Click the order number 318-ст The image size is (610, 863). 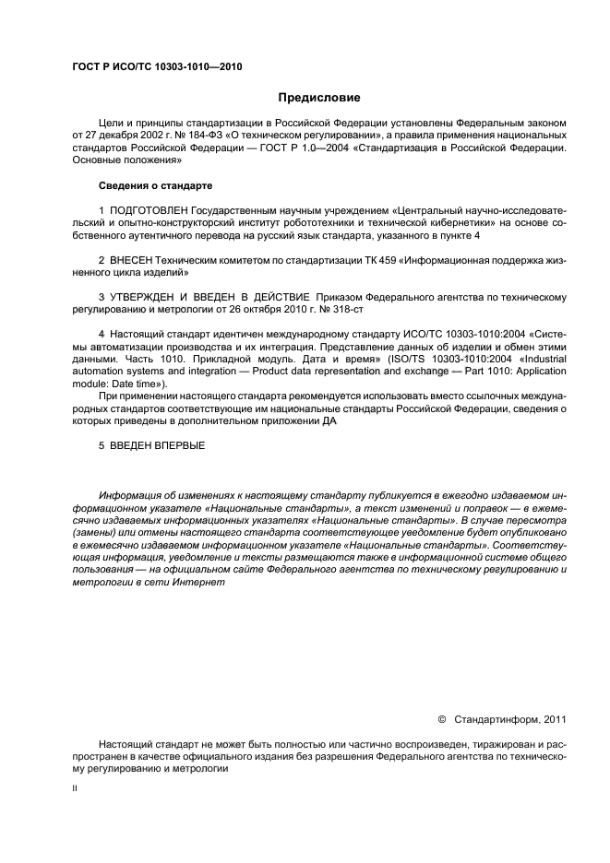tap(317, 310)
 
